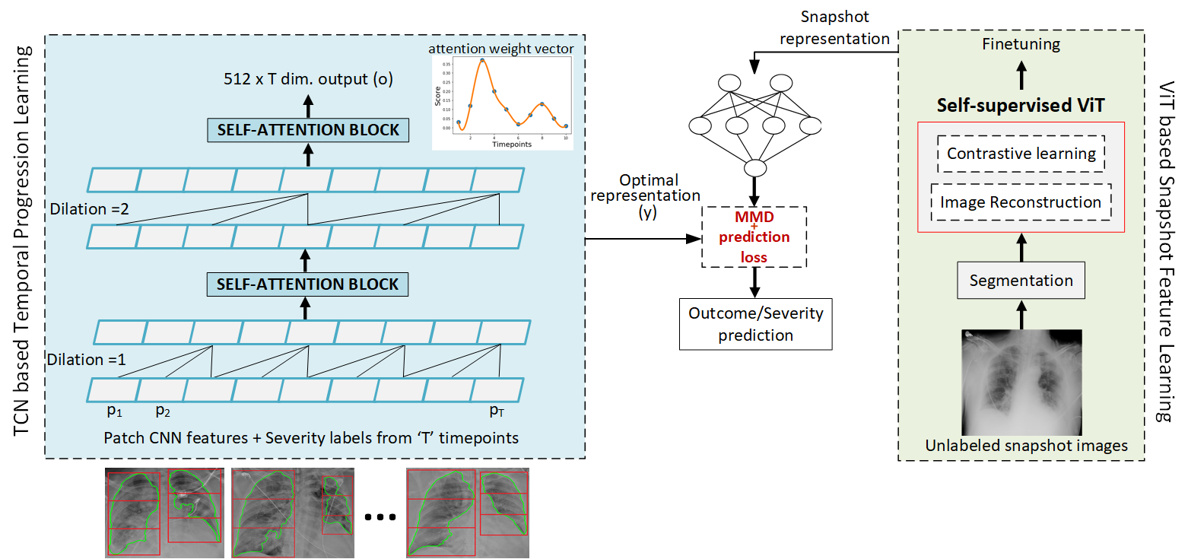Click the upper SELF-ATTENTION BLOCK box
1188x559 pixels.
pyautogui.click(x=308, y=130)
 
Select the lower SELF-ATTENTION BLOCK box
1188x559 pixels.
pyautogui.click(x=308, y=284)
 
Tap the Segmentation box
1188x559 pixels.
pyautogui.click(x=1021, y=281)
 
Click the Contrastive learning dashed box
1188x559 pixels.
pyautogui.click(x=1021, y=154)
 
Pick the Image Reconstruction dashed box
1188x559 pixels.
pyautogui.click(x=1021, y=202)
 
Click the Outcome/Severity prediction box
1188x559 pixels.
pyautogui.click(x=755, y=323)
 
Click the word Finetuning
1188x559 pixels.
pyautogui.click(x=1021, y=44)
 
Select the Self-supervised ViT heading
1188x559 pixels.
pyautogui.click(x=1021, y=106)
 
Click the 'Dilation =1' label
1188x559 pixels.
pyautogui.click(x=84, y=360)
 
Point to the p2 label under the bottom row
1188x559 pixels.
pyautogui.click(x=162, y=411)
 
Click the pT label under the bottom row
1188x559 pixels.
pyautogui.click(x=497, y=411)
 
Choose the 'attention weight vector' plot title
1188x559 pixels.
pyautogui.click(x=502, y=49)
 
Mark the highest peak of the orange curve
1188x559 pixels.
pyautogui.click(x=482, y=59)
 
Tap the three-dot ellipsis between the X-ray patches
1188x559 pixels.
pyautogui.click(x=380, y=517)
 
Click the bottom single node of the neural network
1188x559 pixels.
pyautogui.click(x=754, y=168)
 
